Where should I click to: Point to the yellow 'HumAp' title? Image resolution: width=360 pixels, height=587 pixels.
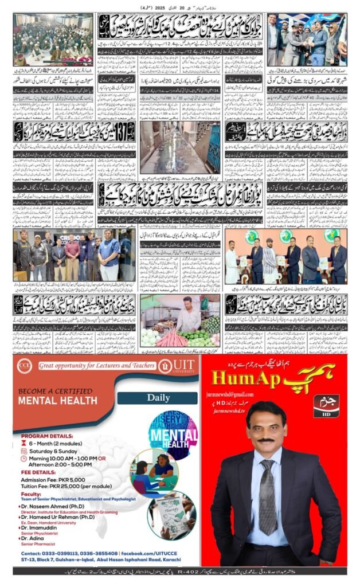[x=241, y=378]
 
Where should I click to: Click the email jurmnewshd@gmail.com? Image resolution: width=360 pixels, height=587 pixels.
[x=236, y=395]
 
